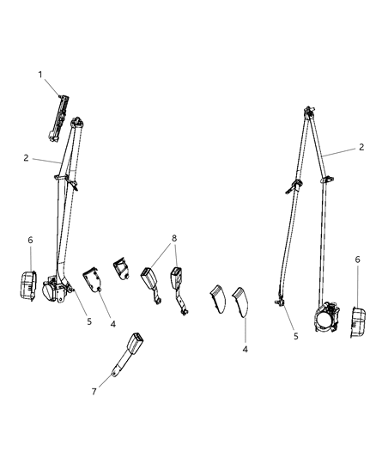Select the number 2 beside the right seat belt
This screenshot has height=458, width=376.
coord(362,147)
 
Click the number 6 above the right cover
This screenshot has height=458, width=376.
coord(356,259)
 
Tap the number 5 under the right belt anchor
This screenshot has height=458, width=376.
coord(295,337)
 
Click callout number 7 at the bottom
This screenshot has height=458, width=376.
coord(94,392)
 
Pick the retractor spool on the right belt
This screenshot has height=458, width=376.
coord(330,321)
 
